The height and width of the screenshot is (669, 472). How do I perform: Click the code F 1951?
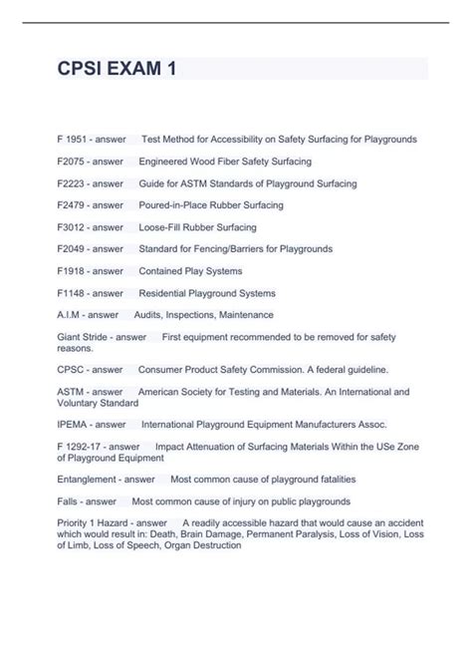(x=73, y=139)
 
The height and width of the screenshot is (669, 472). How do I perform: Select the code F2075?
(x=71, y=161)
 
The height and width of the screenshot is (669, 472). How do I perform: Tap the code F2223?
(x=71, y=183)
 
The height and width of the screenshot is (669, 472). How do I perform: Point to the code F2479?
(x=71, y=205)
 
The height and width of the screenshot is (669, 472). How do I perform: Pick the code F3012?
(x=71, y=227)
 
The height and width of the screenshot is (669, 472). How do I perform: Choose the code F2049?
(x=71, y=248)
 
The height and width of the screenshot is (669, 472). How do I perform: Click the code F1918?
(x=71, y=271)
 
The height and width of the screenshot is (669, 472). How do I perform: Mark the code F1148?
(x=71, y=293)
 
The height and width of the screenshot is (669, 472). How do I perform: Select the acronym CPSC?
(x=71, y=370)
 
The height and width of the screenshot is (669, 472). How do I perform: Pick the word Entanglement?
(x=86, y=480)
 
